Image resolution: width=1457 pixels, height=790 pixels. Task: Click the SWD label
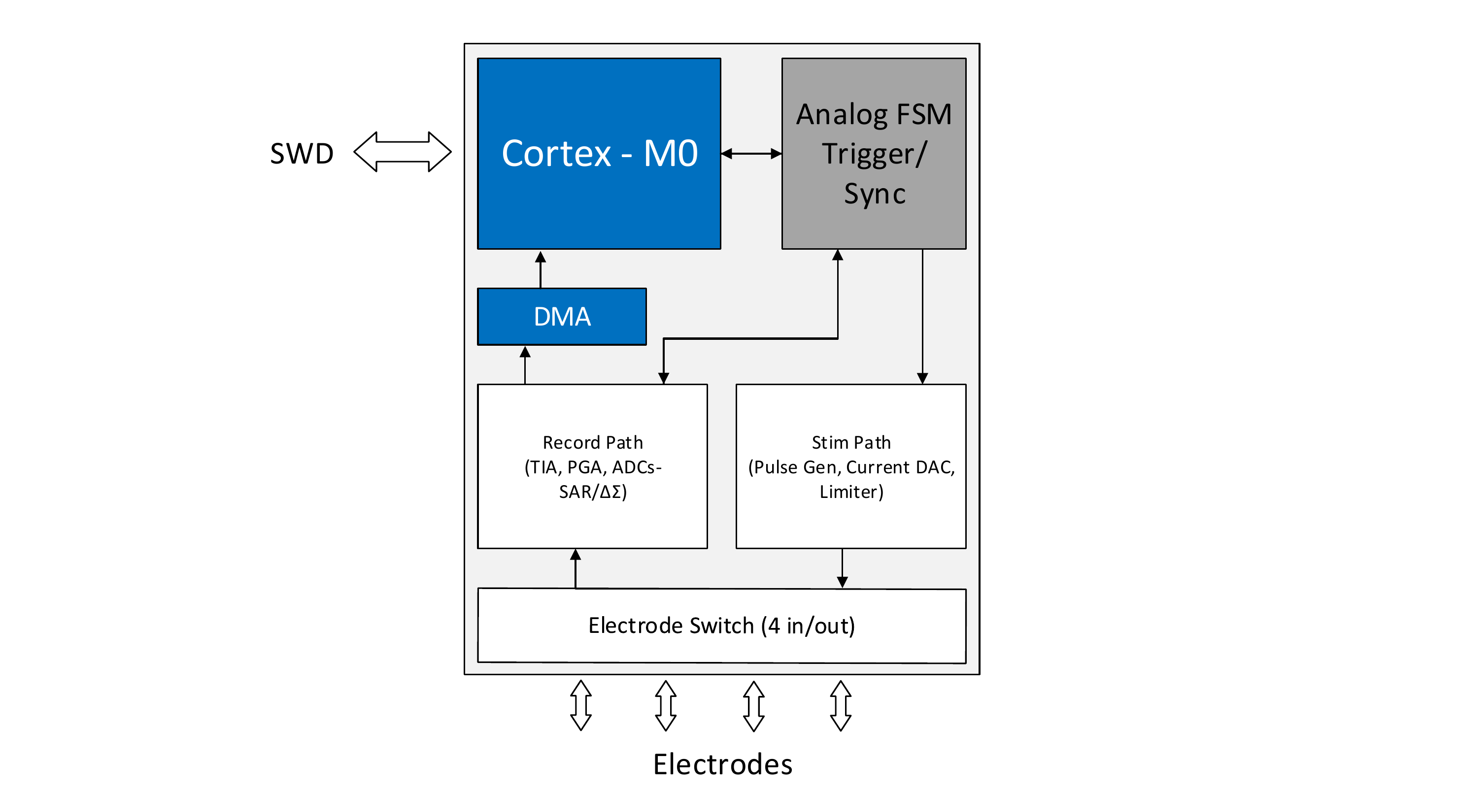click(x=302, y=153)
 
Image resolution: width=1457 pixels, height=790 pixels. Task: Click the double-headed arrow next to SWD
click(x=402, y=152)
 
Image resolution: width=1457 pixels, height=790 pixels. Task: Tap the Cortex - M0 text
click(x=600, y=153)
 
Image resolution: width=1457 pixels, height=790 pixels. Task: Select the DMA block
click(x=562, y=317)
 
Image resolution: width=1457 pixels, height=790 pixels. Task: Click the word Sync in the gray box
click(x=875, y=195)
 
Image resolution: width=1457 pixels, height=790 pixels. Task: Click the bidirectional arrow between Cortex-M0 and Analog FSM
click(x=751, y=153)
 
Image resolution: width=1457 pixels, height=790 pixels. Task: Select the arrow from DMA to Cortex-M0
click(x=540, y=270)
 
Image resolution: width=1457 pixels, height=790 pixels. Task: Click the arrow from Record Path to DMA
click(x=525, y=365)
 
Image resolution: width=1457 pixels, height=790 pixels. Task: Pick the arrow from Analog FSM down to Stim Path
click(x=922, y=317)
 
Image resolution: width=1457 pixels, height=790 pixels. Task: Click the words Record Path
click(x=593, y=442)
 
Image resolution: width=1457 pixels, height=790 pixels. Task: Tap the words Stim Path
click(x=851, y=442)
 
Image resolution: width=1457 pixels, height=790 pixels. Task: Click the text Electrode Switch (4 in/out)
click(x=722, y=626)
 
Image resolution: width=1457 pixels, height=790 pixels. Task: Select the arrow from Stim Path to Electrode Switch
click(x=842, y=568)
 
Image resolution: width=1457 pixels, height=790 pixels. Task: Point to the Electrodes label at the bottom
click(x=722, y=764)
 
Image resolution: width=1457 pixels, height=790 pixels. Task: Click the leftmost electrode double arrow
click(x=581, y=705)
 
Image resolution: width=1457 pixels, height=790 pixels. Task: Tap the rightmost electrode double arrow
click(x=841, y=706)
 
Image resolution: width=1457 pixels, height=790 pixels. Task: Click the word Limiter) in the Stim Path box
click(x=851, y=492)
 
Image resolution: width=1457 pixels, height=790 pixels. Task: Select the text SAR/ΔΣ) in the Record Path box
click(x=593, y=492)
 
